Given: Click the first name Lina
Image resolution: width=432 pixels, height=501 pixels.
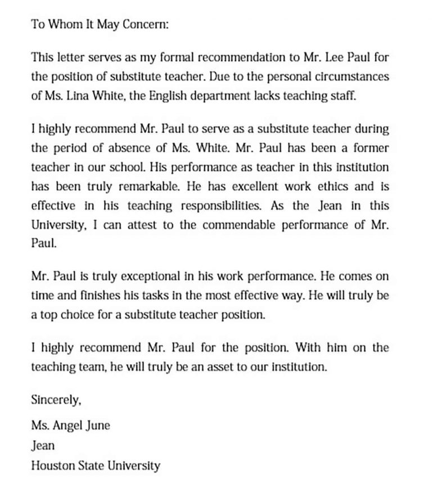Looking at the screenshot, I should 83,95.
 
